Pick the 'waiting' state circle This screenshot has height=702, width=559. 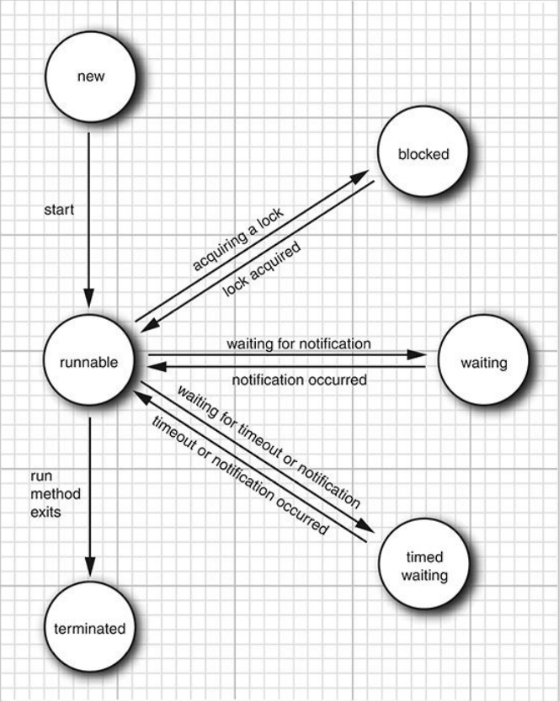coord(484,364)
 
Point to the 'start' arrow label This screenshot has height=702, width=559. coord(59,209)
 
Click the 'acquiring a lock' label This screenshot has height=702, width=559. coord(238,241)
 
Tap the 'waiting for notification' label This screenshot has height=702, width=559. coord(298,343)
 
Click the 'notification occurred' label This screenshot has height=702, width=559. coord(299,380)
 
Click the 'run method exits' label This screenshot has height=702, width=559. coord(44,493)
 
